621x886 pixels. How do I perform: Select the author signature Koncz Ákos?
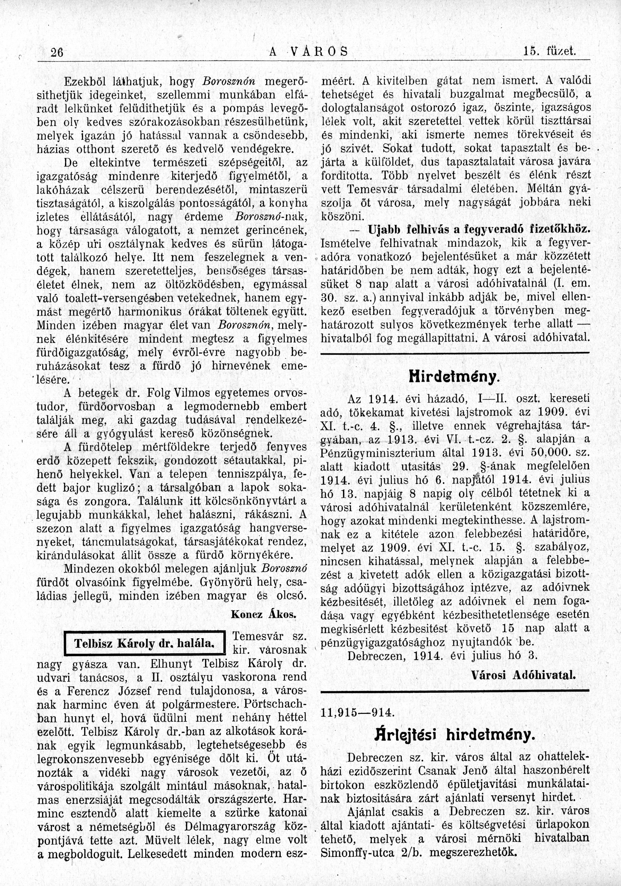pyautogui.click(x=263, y=614)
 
